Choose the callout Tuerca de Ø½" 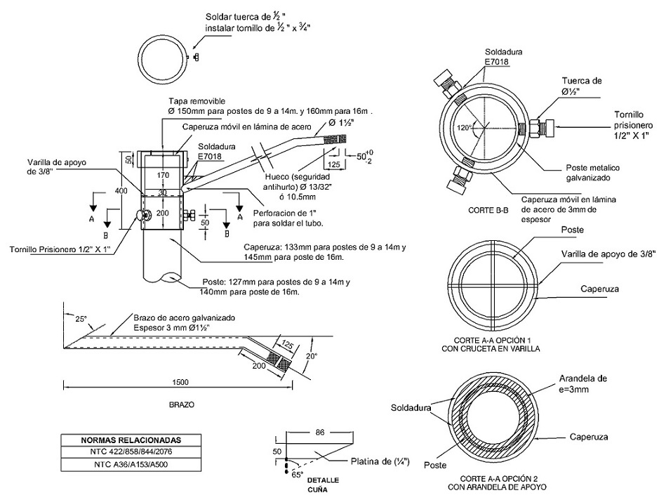(582, 86)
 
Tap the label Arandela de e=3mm (599, 383)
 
